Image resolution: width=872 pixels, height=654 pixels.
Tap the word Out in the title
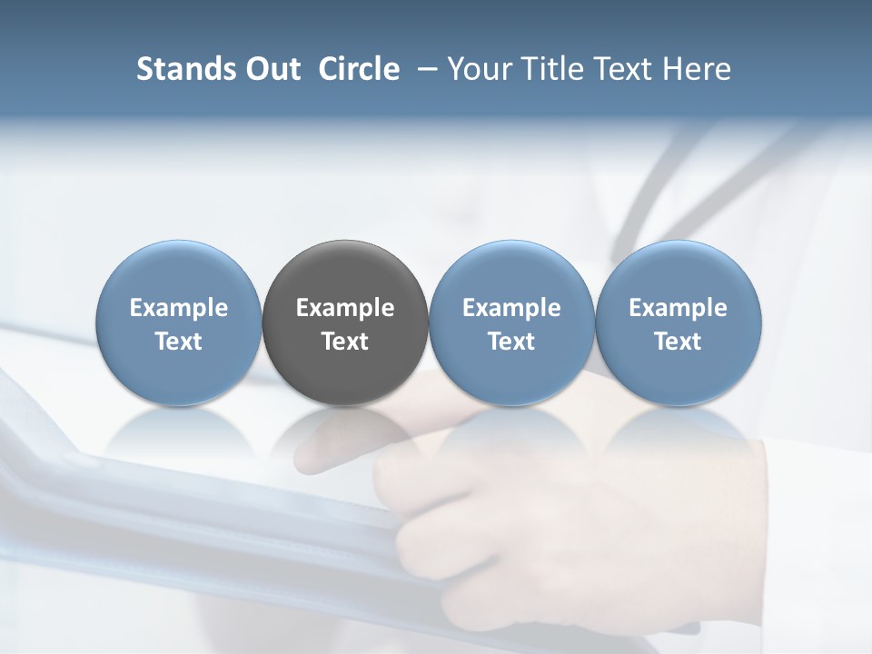(x=271, y=69)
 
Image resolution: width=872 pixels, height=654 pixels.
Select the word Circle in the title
(x=359, y=69)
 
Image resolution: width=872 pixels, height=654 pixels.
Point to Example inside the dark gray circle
(x=345, y=308)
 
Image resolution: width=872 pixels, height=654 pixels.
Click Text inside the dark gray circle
(x=345, y=342)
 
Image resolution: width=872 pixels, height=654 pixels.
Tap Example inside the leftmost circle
(x=179, y=308)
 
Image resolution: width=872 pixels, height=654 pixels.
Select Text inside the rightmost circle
(x=679, y=342)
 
